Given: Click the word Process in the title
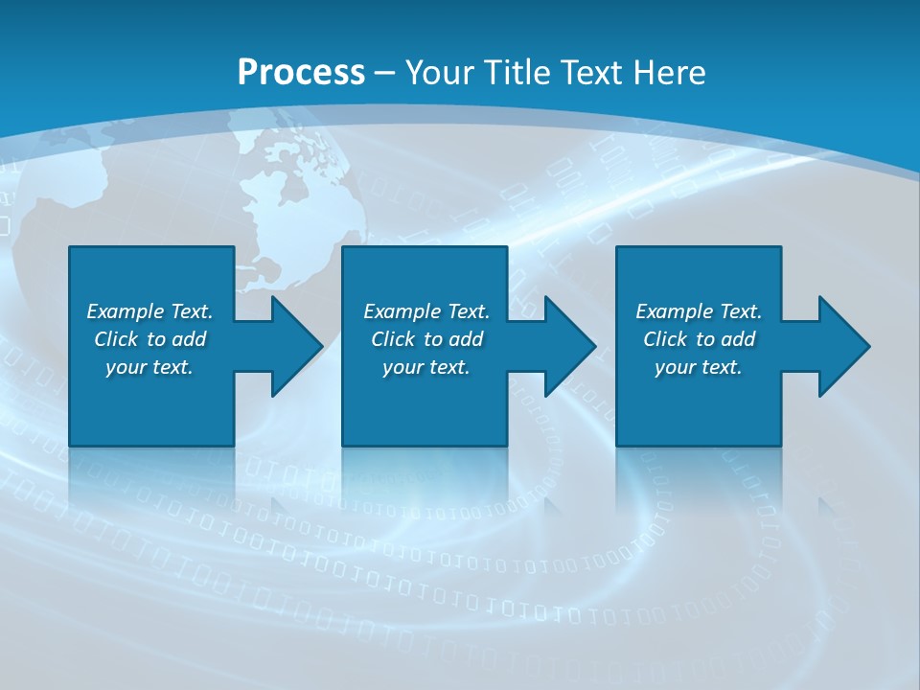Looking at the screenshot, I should (301, 73).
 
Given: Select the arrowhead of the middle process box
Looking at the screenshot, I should (568, 346).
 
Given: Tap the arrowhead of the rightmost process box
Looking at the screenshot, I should (842, 346).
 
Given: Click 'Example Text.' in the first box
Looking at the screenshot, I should (149, 311).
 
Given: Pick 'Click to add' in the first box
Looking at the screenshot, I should (149, 339).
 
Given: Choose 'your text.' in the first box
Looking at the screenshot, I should (149, 367).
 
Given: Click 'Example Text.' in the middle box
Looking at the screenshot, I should (426, 311).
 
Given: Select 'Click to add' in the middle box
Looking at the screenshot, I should (426, 339).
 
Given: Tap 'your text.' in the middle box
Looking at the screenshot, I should (426, 367).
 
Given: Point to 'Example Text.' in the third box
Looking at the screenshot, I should (699, 311).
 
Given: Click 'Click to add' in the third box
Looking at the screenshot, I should (699, 339).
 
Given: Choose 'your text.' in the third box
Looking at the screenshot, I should (699, 367).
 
